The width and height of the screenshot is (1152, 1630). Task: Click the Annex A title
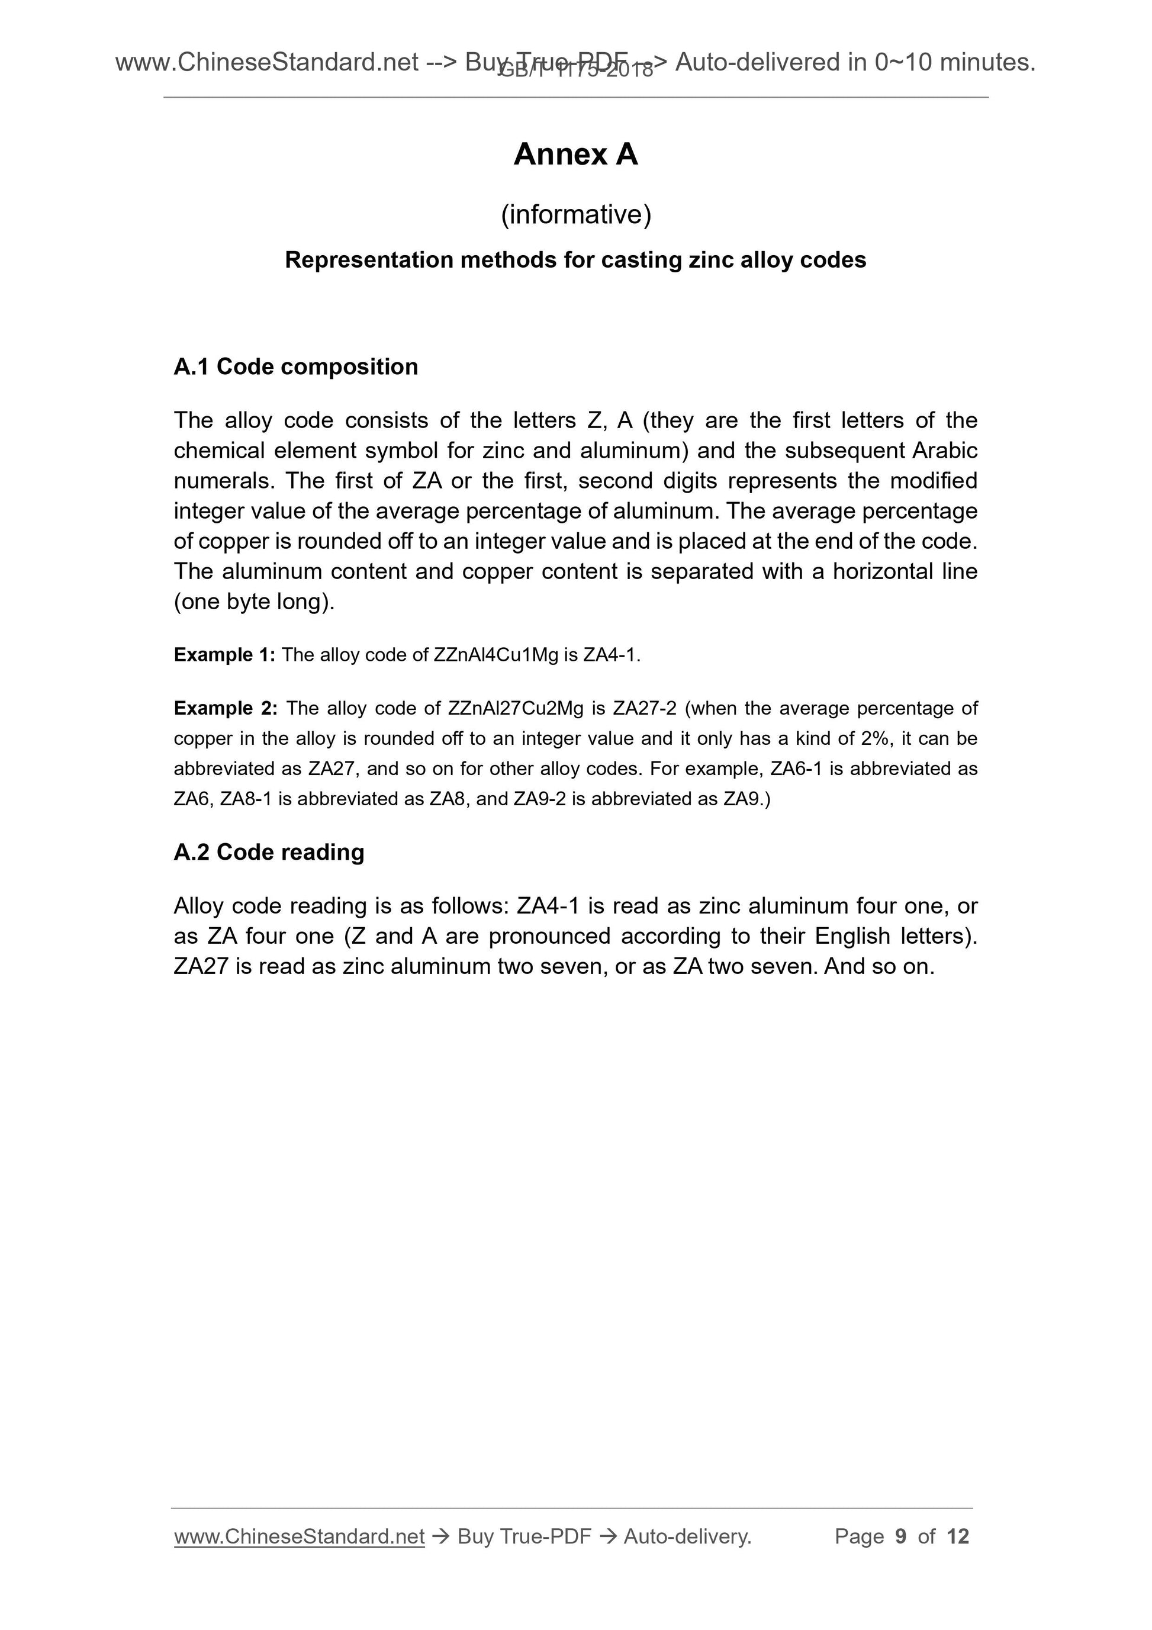(575, 154)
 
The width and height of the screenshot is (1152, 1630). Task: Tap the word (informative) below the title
(575, 214)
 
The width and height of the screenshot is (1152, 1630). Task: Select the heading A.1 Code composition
(295, 366)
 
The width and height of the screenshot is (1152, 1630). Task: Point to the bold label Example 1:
(224, 655)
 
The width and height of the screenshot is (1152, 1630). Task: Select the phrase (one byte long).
(254, 602)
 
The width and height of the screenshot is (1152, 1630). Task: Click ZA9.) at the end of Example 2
(746, 799)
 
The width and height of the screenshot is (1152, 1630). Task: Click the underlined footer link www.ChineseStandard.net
(299, 1537)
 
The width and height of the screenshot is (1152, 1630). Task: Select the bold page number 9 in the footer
(901, 1537)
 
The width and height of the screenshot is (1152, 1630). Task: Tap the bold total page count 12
(957, 1537)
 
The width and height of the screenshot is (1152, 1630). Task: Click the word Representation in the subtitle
(369, 261)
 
